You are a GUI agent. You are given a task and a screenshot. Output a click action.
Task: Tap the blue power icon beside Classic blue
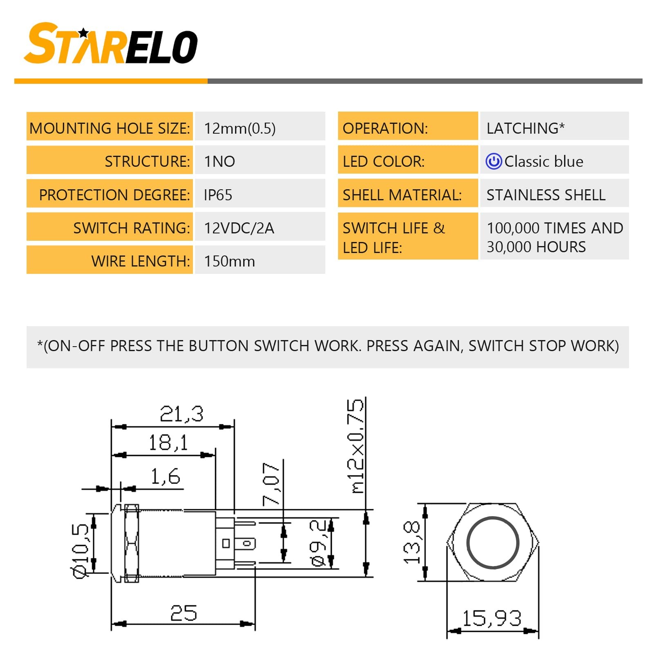point(493,161)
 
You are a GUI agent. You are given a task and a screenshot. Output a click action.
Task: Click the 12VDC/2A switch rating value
point(239,228)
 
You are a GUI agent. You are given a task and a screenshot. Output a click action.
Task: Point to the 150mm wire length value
point(229,261)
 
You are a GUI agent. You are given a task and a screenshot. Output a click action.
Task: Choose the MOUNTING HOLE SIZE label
point(110,128)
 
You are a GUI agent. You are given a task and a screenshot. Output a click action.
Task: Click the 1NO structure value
point(219,161)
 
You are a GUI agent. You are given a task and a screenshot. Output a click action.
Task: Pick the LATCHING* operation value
point(526,128)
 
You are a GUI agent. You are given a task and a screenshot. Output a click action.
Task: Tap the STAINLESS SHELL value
point(546,195)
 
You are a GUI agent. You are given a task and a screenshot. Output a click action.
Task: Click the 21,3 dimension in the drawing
point(181,414)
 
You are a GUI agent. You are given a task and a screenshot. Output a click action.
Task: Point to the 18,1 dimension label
point(168,442)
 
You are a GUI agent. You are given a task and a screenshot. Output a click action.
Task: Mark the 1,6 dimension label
point(165,476)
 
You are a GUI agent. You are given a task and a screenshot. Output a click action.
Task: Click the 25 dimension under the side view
point(184,613)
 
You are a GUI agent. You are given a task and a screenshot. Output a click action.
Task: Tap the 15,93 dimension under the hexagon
point(492,618)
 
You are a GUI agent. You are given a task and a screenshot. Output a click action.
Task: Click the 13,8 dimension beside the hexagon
point(412,542)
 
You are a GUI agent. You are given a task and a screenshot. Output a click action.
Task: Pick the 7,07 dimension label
point(271,484)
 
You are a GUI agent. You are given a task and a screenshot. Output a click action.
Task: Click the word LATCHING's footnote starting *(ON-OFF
point(328,346)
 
